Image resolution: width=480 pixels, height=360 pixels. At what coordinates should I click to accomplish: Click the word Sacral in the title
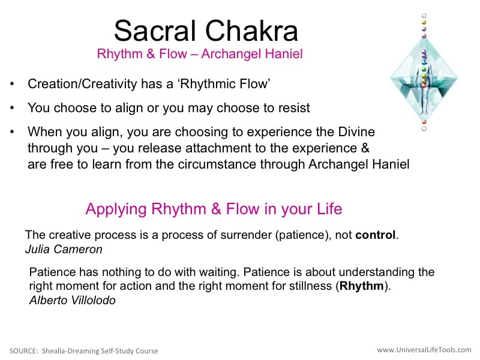155,31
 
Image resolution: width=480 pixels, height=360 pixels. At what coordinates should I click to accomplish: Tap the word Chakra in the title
251,31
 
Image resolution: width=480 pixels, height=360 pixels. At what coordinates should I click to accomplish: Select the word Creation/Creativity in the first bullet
82,84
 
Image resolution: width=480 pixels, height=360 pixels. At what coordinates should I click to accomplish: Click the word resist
294,108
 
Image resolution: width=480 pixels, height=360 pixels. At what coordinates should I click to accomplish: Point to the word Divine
356,131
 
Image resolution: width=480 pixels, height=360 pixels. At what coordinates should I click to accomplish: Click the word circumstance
217,164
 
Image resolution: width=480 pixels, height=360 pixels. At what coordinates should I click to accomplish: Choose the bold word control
376,235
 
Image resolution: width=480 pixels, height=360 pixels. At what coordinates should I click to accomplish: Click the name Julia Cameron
64,249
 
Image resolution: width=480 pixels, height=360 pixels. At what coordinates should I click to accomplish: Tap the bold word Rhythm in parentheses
362,286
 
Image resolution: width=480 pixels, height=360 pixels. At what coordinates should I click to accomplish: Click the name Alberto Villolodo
72,301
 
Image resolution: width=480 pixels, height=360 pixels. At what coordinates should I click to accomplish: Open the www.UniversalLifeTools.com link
424,350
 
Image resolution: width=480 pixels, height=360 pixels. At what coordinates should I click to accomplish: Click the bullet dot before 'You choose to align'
12,108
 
